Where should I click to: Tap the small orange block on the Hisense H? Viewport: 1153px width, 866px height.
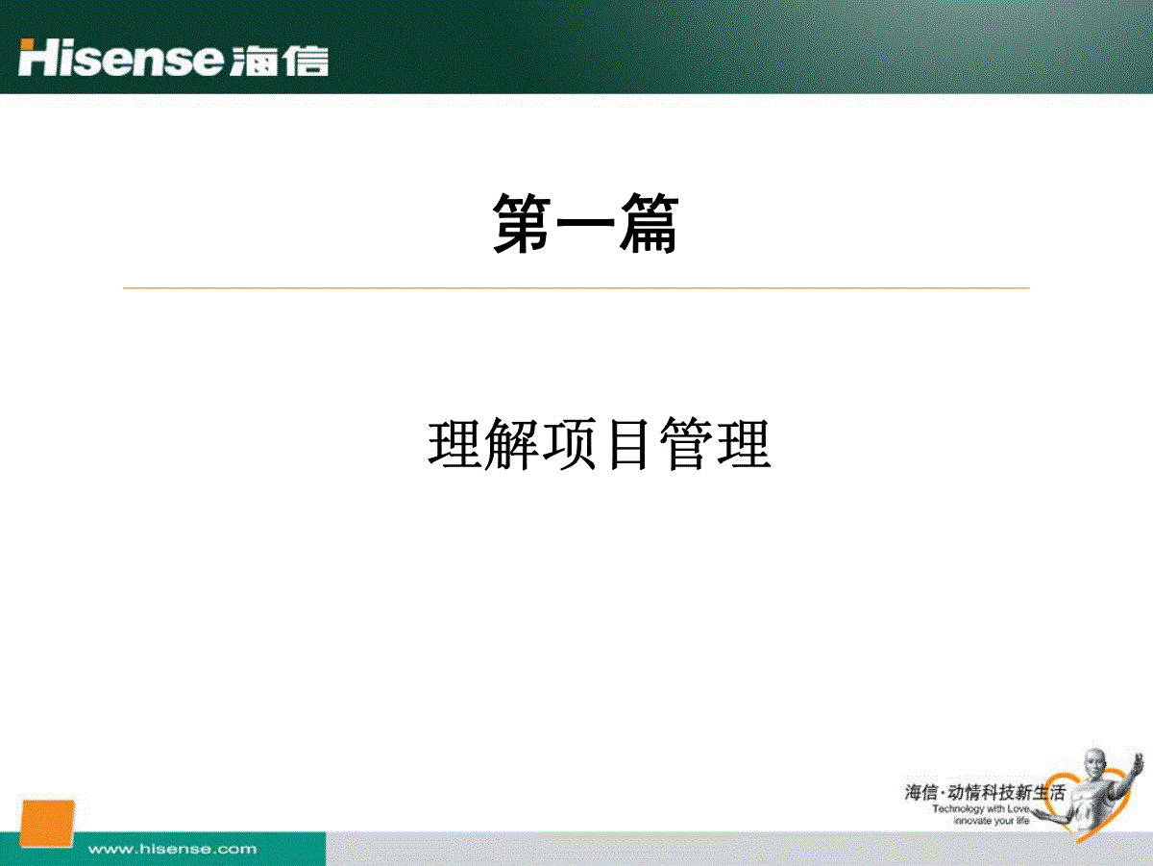26,44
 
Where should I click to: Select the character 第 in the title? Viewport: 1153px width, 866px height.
521,223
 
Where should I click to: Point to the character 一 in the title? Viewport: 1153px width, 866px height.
585,222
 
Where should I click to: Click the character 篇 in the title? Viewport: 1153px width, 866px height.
650,223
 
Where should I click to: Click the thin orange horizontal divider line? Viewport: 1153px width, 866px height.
576,288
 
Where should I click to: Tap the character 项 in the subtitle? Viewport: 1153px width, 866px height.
570,444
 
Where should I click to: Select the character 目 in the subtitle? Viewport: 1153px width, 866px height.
627,444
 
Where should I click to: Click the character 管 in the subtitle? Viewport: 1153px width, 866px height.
685,444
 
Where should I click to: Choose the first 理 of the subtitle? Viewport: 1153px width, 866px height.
454,444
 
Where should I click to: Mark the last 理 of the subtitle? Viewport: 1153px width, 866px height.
744,444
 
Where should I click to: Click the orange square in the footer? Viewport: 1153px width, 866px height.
47,824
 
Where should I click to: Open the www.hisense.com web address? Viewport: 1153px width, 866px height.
172,849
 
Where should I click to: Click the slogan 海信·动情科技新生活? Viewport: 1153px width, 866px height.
985,793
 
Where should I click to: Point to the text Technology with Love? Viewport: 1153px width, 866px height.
981,809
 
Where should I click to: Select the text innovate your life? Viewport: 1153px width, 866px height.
992,821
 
